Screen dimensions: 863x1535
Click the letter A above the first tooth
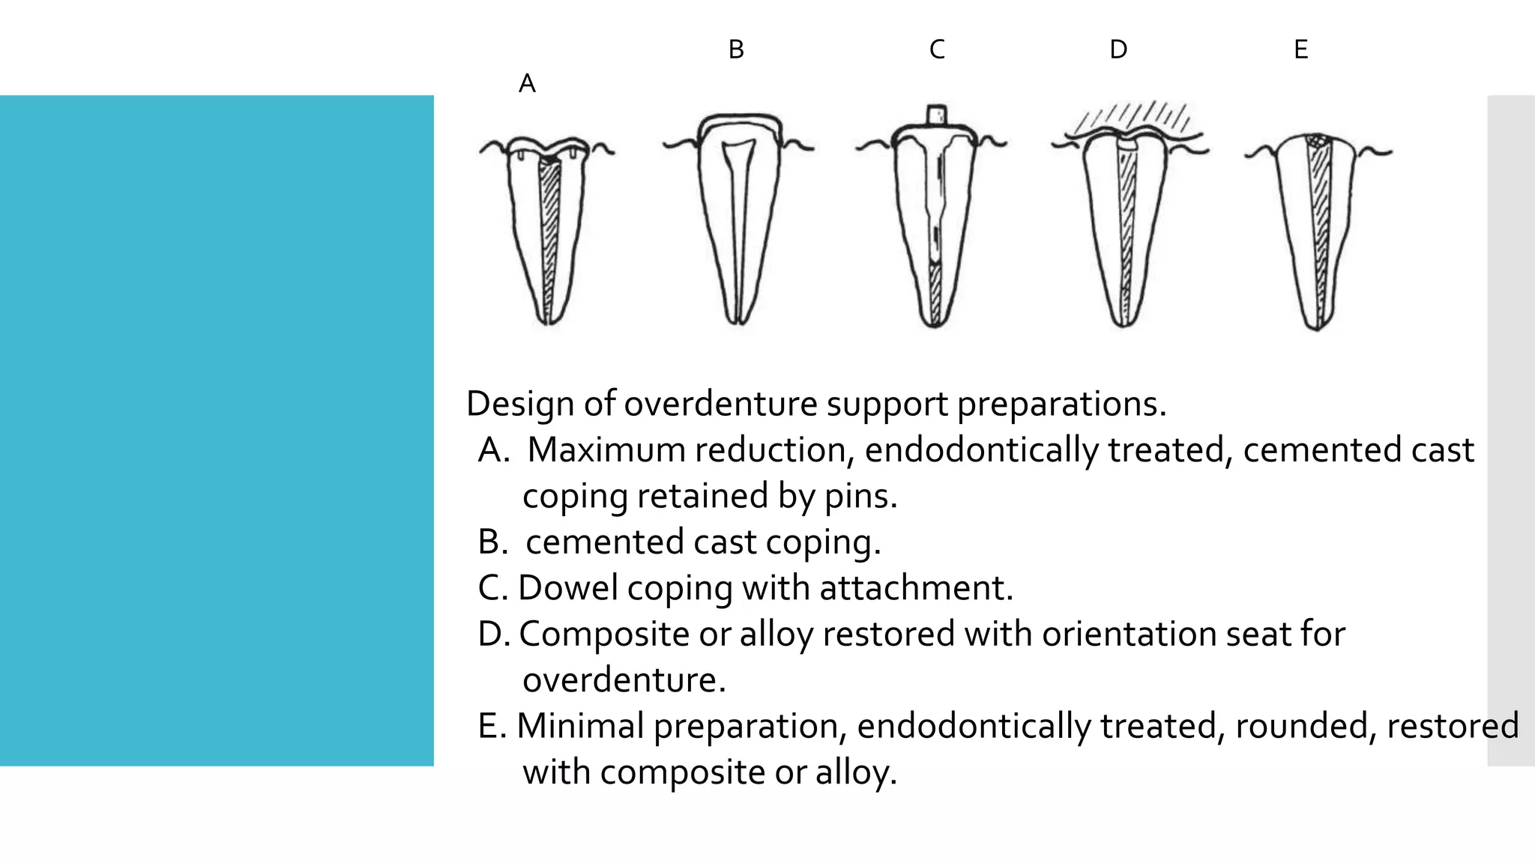click(x=527, y=83)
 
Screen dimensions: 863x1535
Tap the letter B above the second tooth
click(x=736, y=49)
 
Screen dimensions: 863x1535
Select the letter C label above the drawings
click(x=937, y=49)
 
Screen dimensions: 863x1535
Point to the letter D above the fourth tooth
click(x=1118, y=49)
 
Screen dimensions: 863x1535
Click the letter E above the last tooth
click(x=1301, y=49)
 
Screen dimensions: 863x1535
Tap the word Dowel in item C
click(x=568, y=588)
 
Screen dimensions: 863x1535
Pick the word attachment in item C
click(x=916, y=588)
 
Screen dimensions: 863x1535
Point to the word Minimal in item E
click(x=581, y=726)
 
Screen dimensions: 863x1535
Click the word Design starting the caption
click(x=520, y=404)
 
